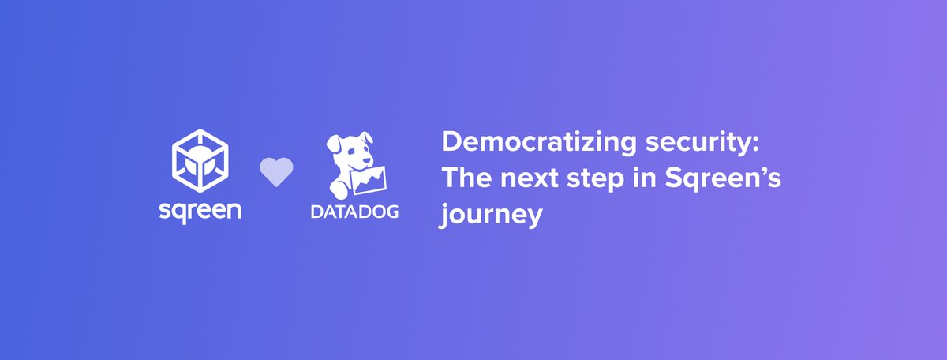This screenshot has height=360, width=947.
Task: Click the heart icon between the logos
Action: click(x=276, y=172)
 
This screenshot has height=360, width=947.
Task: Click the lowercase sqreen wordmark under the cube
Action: click(x=199, y=212)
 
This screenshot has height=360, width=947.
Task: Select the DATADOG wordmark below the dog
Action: click(x=354, y=212)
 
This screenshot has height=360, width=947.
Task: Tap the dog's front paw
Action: click(x=337, y=189)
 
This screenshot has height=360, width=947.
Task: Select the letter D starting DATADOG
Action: click(x=316, y=212)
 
